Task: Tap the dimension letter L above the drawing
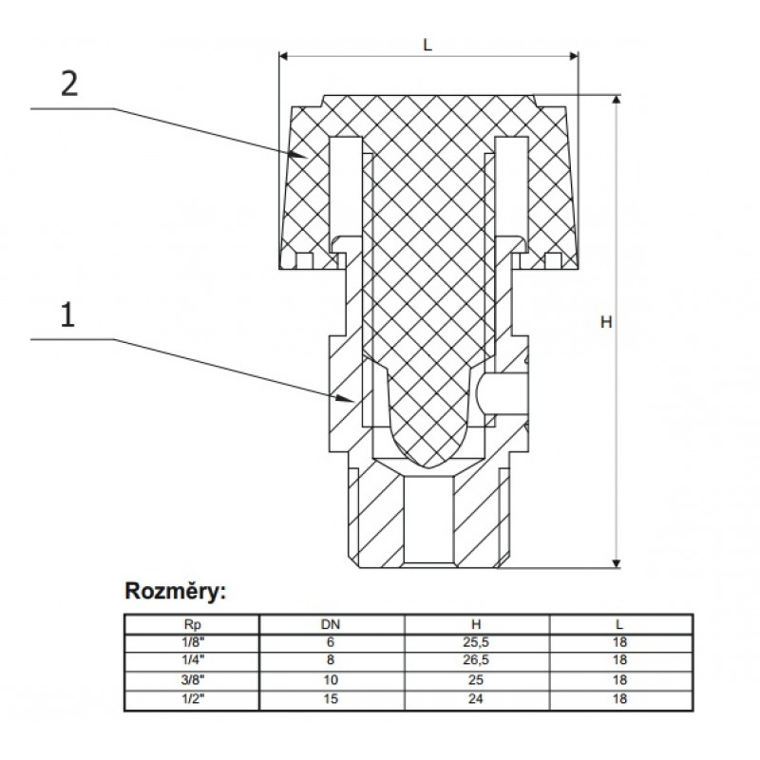(x=428, y=45)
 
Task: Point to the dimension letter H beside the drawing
(x=605, y=322)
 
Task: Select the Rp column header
(x=192, y=625)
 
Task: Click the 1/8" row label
(x=192, y=643)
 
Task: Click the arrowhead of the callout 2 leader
(x=304, y=154)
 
